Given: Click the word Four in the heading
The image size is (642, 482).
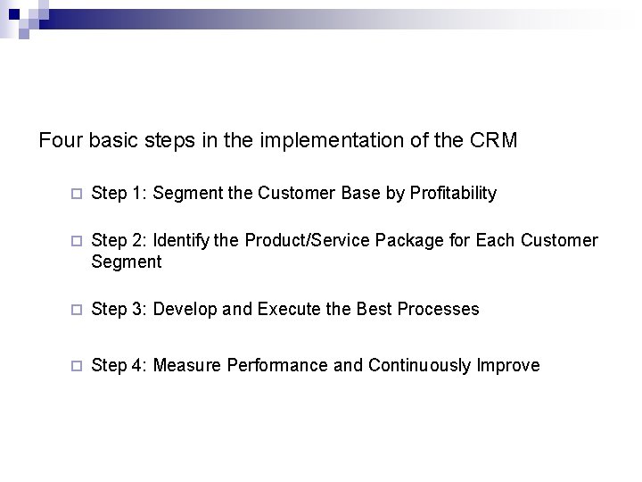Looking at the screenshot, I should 57,141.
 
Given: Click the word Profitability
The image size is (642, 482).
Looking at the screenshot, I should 452,194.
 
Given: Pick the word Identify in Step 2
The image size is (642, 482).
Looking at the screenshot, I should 182,242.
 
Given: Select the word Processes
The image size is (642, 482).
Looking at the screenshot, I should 438,310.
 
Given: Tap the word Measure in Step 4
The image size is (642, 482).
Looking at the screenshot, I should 188,366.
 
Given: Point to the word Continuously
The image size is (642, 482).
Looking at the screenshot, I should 420,366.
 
